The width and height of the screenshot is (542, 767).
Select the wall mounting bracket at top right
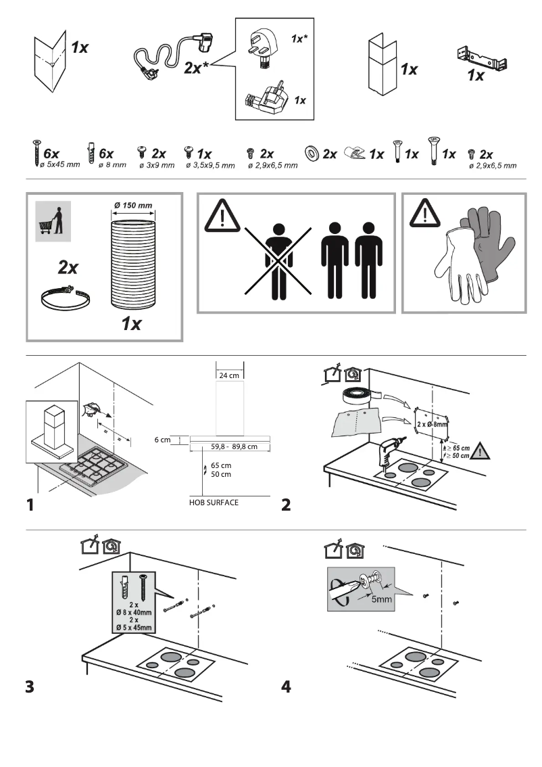coord(483,59)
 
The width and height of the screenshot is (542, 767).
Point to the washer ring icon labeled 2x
coord(313,154)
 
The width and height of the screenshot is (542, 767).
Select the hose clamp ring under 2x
coord(66,298)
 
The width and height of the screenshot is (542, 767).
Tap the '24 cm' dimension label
coord(229,375)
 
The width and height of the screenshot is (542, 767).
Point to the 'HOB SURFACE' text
coord(214,503)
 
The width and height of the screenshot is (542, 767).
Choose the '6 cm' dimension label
coord(162,440)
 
